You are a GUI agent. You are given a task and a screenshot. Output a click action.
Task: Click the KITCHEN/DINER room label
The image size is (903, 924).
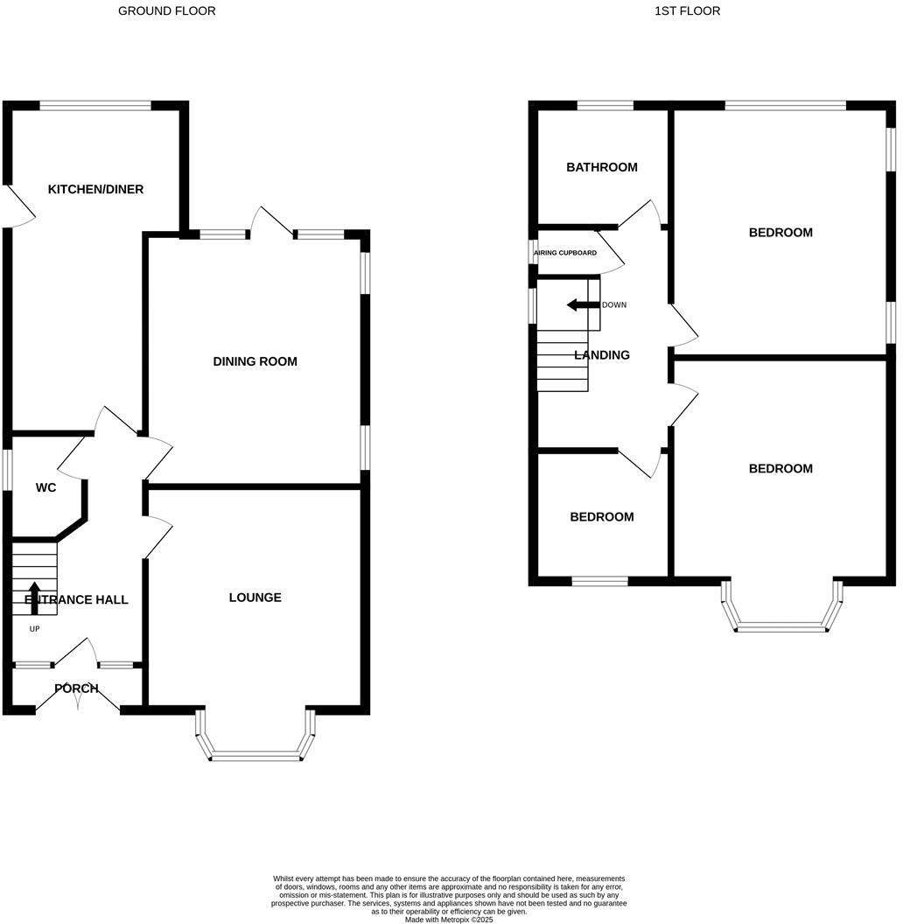[95, 190]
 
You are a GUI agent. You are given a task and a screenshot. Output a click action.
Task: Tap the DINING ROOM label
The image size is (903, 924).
[255, 361]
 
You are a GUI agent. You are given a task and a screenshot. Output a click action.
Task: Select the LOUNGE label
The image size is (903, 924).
[255, 598]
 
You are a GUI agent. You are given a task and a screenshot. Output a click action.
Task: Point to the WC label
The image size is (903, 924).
[45, 487]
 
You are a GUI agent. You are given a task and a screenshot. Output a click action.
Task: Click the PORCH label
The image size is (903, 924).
[76, 689]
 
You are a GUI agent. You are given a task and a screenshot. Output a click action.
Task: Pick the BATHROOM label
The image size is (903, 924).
[601, 167]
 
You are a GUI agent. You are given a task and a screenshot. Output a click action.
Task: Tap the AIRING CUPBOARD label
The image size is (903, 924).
[565, 253]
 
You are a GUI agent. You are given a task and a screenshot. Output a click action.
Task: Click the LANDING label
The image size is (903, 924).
[601, 355]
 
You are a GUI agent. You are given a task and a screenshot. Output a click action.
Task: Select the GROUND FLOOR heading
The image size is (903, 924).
[166, 11]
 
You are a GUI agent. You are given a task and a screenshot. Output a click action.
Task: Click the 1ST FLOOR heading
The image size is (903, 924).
[687, 11]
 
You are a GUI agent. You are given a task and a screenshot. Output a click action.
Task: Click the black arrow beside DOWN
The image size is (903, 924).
[581, 304]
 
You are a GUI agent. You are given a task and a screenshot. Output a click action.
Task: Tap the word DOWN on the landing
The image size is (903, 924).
[613, 305]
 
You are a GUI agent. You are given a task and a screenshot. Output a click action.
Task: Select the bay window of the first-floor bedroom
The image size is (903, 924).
[782, 626]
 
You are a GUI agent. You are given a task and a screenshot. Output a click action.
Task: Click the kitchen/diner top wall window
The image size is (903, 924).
[95, 106]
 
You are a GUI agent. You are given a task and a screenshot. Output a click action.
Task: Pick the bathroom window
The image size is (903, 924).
[605, 106]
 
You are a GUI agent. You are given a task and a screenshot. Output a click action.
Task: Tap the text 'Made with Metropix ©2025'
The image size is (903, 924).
[449, 920]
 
